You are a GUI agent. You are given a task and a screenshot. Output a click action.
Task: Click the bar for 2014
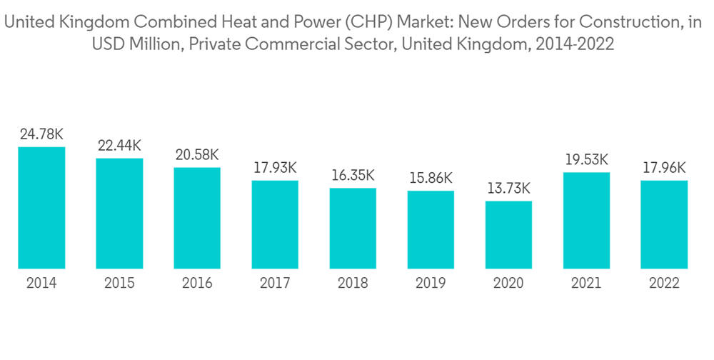41,208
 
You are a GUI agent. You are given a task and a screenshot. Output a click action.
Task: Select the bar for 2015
119,214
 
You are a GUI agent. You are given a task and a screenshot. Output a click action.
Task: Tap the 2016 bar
197,218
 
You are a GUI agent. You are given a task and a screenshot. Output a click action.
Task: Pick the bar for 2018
353,229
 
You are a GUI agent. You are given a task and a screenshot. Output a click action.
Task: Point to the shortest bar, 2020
508,235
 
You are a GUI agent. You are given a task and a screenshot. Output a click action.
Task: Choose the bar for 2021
586,221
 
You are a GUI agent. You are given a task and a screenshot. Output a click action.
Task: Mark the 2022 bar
664,224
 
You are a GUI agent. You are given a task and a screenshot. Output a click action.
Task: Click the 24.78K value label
41,134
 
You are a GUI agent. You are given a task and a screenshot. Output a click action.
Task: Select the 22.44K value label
119,145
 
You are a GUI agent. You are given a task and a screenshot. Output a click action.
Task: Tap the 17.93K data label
275,168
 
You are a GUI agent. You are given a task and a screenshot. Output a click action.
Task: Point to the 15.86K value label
431,178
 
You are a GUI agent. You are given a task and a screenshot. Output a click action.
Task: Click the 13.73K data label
508,189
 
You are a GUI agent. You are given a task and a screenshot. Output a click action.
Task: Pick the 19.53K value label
586,159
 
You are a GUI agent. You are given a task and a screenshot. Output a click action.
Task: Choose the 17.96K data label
664,168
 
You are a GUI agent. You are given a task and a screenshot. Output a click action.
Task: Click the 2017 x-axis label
275,284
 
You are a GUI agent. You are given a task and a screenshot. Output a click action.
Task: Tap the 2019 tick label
431,284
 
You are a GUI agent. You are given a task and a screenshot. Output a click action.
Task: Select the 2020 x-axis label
508,284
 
